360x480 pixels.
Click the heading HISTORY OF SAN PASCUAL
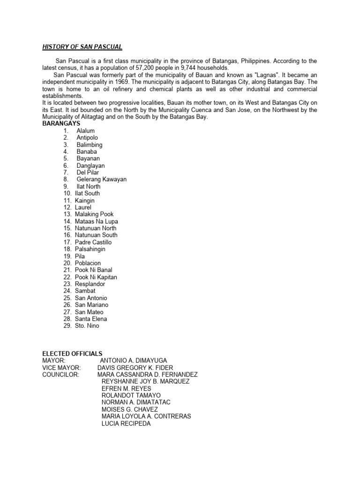82,47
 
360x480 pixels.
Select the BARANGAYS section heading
61,124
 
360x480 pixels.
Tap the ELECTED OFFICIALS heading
72,353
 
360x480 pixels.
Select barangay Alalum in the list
86,131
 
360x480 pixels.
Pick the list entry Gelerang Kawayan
102,180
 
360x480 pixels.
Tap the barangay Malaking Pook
94,214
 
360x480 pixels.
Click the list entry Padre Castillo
93,242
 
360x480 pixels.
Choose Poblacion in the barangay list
88,263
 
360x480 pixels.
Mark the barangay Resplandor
90,284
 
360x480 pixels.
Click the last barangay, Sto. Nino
87,326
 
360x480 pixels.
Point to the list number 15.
67,228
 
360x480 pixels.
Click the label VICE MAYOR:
61,367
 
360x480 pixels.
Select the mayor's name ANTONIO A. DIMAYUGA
137,360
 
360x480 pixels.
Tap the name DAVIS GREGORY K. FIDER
135,367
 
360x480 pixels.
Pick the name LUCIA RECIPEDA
126,424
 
